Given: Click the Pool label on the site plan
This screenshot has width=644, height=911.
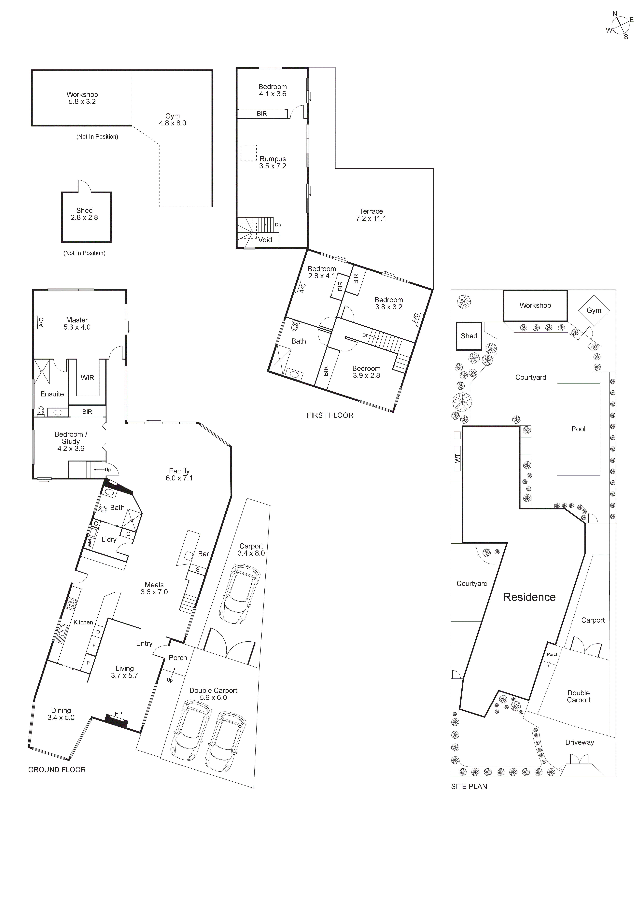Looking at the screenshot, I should (578, 429).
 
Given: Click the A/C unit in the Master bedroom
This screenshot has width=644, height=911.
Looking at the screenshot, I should (41, 322).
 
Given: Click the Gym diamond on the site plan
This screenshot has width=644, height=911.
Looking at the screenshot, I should (594, 310).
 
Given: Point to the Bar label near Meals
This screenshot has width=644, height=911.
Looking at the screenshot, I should (203, 554).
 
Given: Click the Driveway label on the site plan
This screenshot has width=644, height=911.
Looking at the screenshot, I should (579, 742).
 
